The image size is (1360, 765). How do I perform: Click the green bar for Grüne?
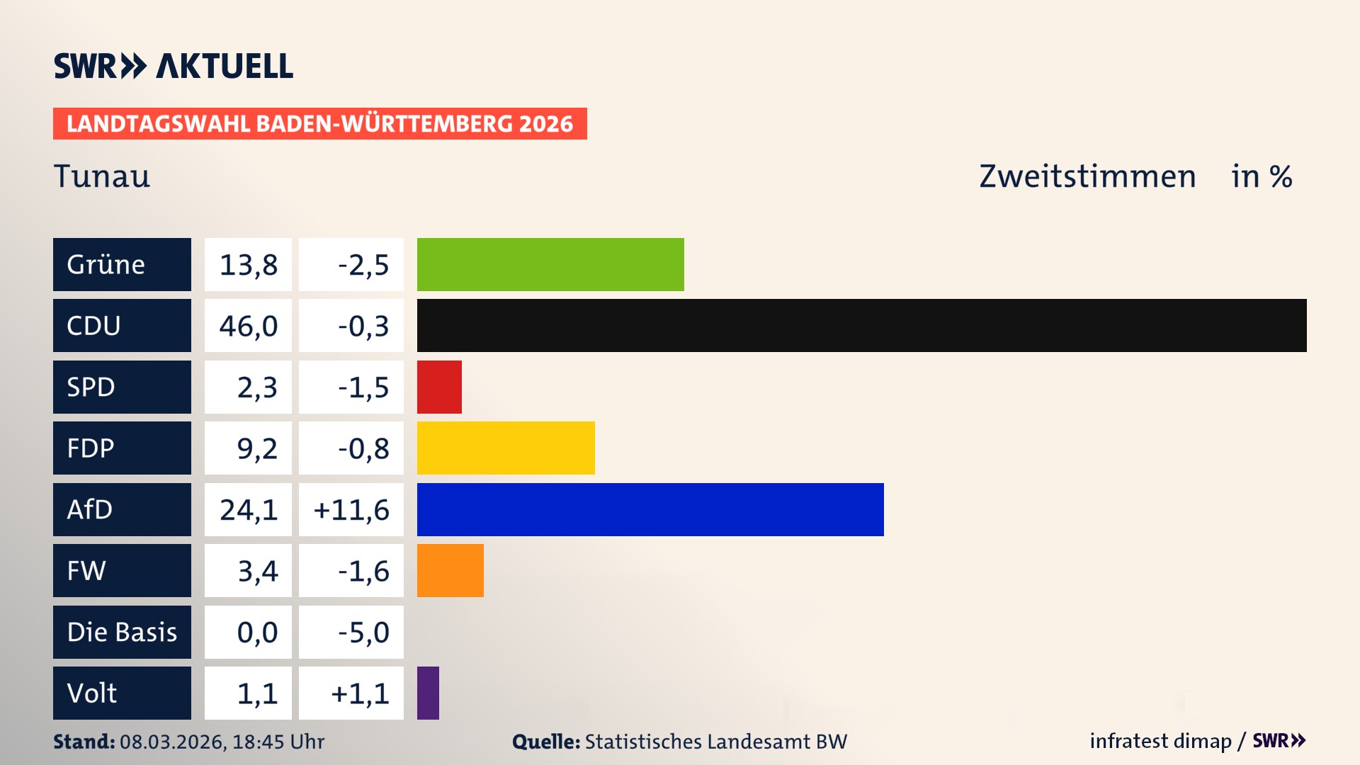(550, 264)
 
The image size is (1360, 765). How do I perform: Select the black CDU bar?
(861, 325)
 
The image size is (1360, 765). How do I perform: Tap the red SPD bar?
(439, 387)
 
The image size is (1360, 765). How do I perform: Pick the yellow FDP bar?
(506, 448)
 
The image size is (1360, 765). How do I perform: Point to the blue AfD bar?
(650, 509)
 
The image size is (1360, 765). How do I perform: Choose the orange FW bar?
(450, 570)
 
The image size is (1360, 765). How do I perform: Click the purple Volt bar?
(428, 693)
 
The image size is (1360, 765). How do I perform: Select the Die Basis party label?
(122, 632)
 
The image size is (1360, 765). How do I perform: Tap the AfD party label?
(122, 509)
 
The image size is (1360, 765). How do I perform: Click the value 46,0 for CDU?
(248, 326)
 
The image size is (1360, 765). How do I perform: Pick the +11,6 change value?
(351, 510)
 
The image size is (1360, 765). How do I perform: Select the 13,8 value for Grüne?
(248, 265)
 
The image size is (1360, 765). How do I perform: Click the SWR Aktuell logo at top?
(173, 66)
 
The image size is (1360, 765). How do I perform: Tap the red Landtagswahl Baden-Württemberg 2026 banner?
(319, 124)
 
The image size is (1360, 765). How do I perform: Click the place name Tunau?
(102, 176)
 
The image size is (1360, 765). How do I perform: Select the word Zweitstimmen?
(1087, 176)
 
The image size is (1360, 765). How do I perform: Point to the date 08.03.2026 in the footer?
(172, 742)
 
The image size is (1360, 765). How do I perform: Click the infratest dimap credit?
(1160, 741)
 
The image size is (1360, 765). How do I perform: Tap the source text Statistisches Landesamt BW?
(715, 742)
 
